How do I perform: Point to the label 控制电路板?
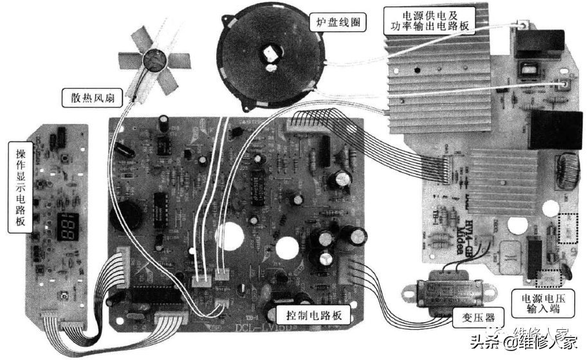coord(308,316)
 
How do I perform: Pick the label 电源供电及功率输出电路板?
coord(429,21)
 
